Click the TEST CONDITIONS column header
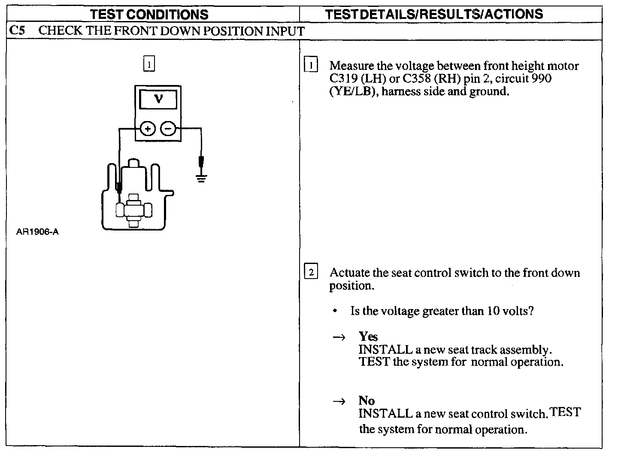coord(149,14)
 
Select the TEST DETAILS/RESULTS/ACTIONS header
coord(434,14)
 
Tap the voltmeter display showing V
coord(158,100)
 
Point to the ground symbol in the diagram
coord(201,178)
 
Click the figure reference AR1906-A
coord(37,232)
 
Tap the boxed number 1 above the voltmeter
coord(148,64)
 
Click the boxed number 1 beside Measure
coord(311,65)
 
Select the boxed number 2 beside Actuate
coord(311,272)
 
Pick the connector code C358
coord(417,79)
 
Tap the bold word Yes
coord(368,336)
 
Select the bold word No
coord(367,400)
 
